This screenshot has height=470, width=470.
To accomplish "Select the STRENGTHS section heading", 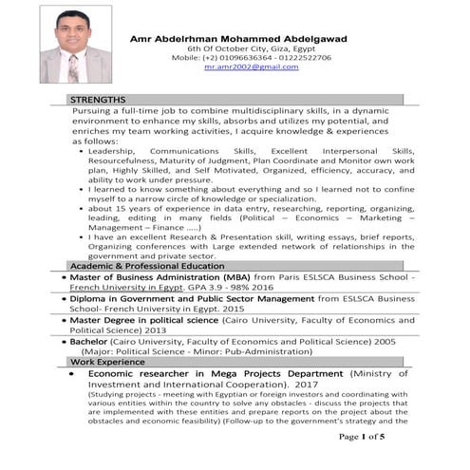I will click(98, 99).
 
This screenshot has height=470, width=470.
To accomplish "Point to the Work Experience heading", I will click(107, 362).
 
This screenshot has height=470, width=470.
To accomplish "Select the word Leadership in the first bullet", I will click(112, 151).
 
